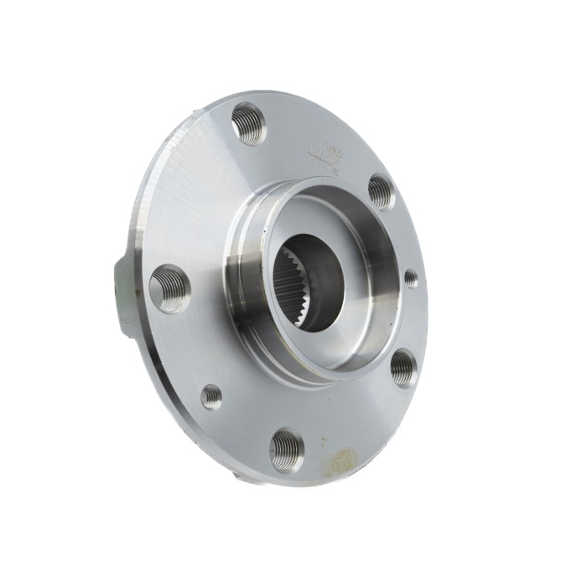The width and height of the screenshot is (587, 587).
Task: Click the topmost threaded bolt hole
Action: click(249, 123)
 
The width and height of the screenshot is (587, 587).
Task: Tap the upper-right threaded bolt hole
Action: click(381, 192)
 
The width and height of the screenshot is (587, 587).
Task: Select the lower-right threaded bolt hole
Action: click(403, 367)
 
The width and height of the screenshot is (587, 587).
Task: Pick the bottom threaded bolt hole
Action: click(287, 449)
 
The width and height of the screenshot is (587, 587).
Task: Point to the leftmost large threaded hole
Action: click(170, 288)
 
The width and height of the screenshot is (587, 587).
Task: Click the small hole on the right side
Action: click(410, 278)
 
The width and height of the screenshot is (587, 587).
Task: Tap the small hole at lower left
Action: click(211, 396)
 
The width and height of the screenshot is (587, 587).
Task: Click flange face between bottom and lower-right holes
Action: click(352, 419)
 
